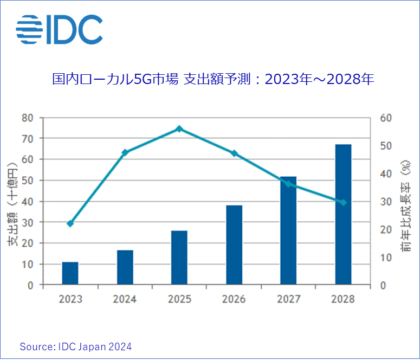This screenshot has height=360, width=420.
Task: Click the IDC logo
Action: pos(59,29)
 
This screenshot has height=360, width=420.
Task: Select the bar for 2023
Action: pos(70,273)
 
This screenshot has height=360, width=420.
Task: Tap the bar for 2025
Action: pos(179,258)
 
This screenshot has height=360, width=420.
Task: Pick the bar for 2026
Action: pos(234,245)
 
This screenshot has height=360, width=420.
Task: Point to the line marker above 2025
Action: pos(179,129)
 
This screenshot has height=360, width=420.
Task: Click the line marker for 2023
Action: pos(70,223)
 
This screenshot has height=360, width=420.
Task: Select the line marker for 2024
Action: pos(125,152)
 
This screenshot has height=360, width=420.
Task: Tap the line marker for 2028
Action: pos(343,202)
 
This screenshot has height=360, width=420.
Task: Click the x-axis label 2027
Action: pos(288,299)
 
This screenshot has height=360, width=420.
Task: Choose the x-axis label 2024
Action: pos(125,299)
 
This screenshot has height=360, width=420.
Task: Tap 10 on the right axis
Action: pos(384,258)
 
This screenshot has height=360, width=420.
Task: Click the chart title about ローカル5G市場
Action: pos(213,79)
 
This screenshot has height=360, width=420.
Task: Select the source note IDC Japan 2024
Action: pos(76,346)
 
